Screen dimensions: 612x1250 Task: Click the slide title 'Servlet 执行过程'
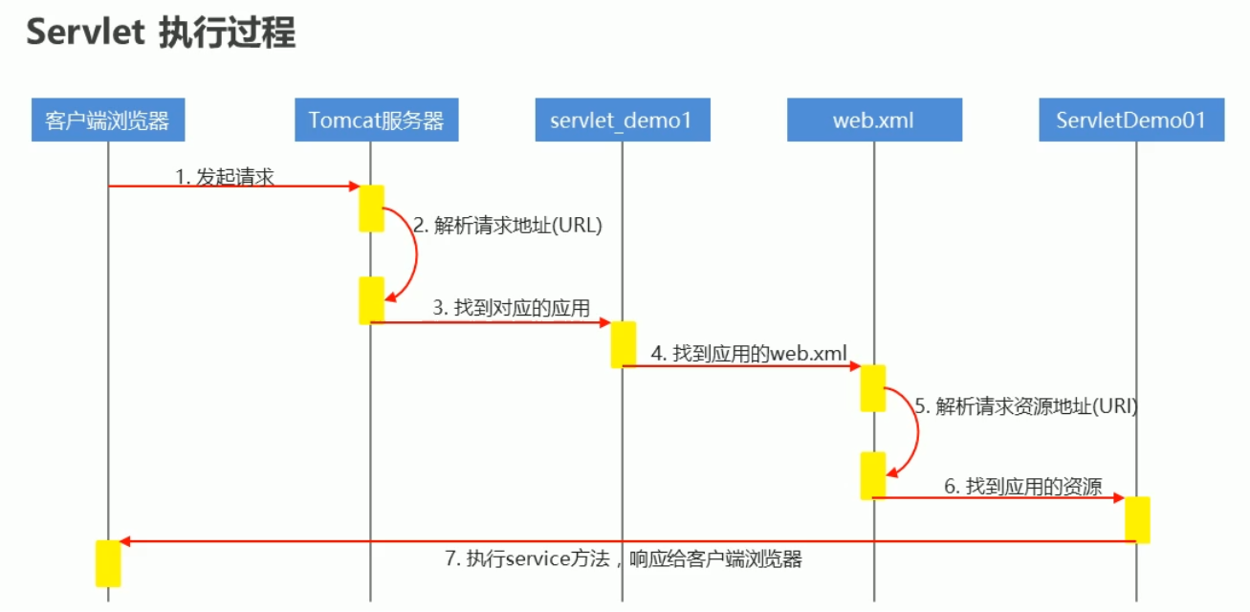click(x=161, y=33)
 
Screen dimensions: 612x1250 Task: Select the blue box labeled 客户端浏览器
click(x=107, y=120)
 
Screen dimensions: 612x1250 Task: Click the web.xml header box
click(x=873, y=120)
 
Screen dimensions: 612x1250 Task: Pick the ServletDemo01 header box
click(x=1131, y=120)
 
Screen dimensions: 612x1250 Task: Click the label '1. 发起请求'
click(x=225, y=176)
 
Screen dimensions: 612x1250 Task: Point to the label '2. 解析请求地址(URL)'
click(x=508, y=226)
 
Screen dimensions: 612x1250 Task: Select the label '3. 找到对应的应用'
click(x=511, y=308)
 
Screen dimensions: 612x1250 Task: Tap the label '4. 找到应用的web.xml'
click(x=750, y=353)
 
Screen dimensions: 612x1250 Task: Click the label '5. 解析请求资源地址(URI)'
click(x=1025, y=405)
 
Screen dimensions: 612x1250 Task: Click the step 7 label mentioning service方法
click(x=623, y=559)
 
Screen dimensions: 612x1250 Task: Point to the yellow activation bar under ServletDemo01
click(x=1137, y=519)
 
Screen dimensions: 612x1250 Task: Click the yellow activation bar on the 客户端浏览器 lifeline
click(x=108, y=563)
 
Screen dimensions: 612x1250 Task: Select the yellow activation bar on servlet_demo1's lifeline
click(x=624, y=344)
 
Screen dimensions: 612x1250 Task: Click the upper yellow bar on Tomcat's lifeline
click(x=371, y=208)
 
